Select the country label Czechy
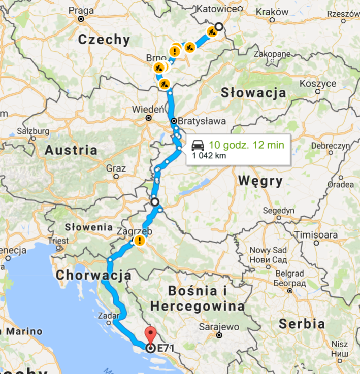[x=105, y=40]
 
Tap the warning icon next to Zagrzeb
[x=138, y=241]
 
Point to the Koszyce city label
[x=318, y=83]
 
